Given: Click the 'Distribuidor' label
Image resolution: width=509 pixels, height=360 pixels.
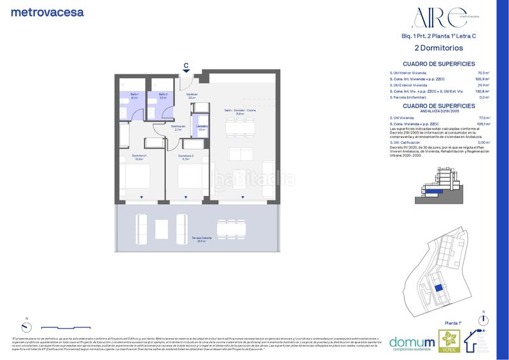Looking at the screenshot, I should pyautogui.click(x=178, y=127).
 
